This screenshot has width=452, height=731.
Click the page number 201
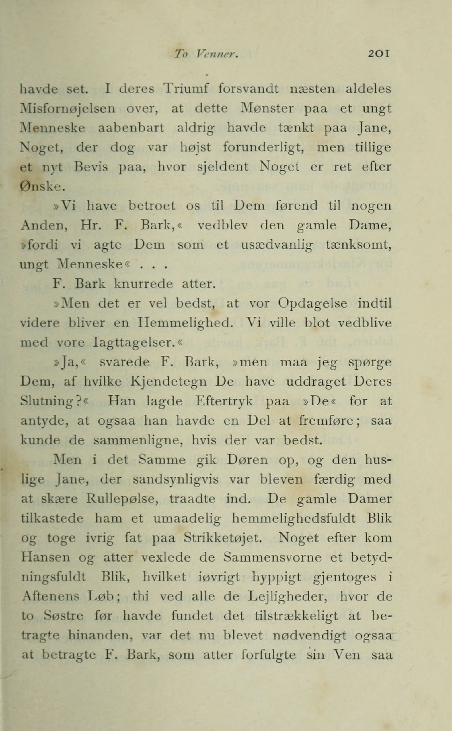(379, 54)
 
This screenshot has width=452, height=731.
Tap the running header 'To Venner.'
(206, 54)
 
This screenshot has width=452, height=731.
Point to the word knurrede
(143, 284)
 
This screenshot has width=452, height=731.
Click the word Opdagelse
(313, 304)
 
